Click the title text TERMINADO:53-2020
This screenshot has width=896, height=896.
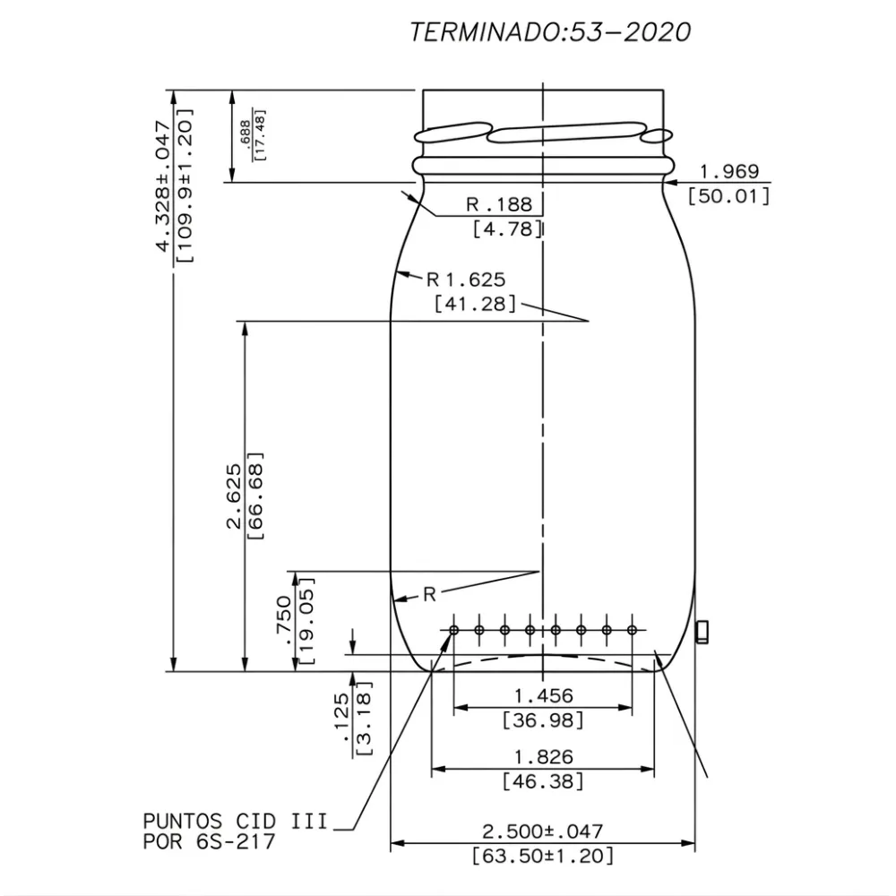pyautogui.click(x=550, y=32)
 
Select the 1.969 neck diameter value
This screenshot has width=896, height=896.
pyautogui.click(x=728, y=171)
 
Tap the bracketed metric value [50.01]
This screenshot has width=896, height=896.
pyautogui.click(x=728, y=195)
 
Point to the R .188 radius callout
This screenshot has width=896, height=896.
pyautogui.click(x=499, y=204)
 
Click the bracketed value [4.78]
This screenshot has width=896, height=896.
pyautogui.click(x=507, y=228)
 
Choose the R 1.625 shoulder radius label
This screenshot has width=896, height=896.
pyautogui.click(x=466, y=279)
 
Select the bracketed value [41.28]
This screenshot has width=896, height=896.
pyautogui.click(x=474, y=304)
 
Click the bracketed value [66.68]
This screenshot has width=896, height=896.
pyautogui.click(x=256, y=495)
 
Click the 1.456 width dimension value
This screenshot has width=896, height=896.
pyautogui.click(x=543, y=695)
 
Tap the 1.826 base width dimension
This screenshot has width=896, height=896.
pyautogui.click(x=543, y=757)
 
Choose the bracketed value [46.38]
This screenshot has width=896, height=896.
pyautogui.click(x=543, y=780)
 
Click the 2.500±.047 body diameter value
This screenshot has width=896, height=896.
pyautogui.click(x=543, y=831)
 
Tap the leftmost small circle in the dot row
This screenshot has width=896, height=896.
pyautogui.click(x=454, y=631)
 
